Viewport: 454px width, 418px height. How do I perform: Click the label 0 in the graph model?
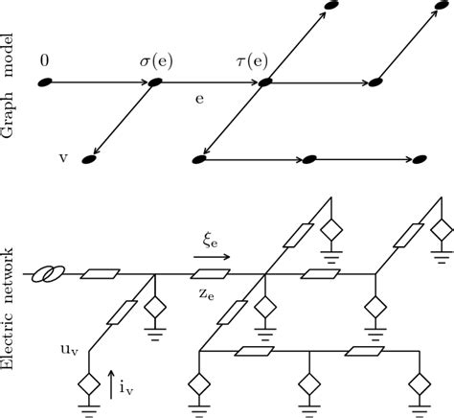click(x=45, y=61)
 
